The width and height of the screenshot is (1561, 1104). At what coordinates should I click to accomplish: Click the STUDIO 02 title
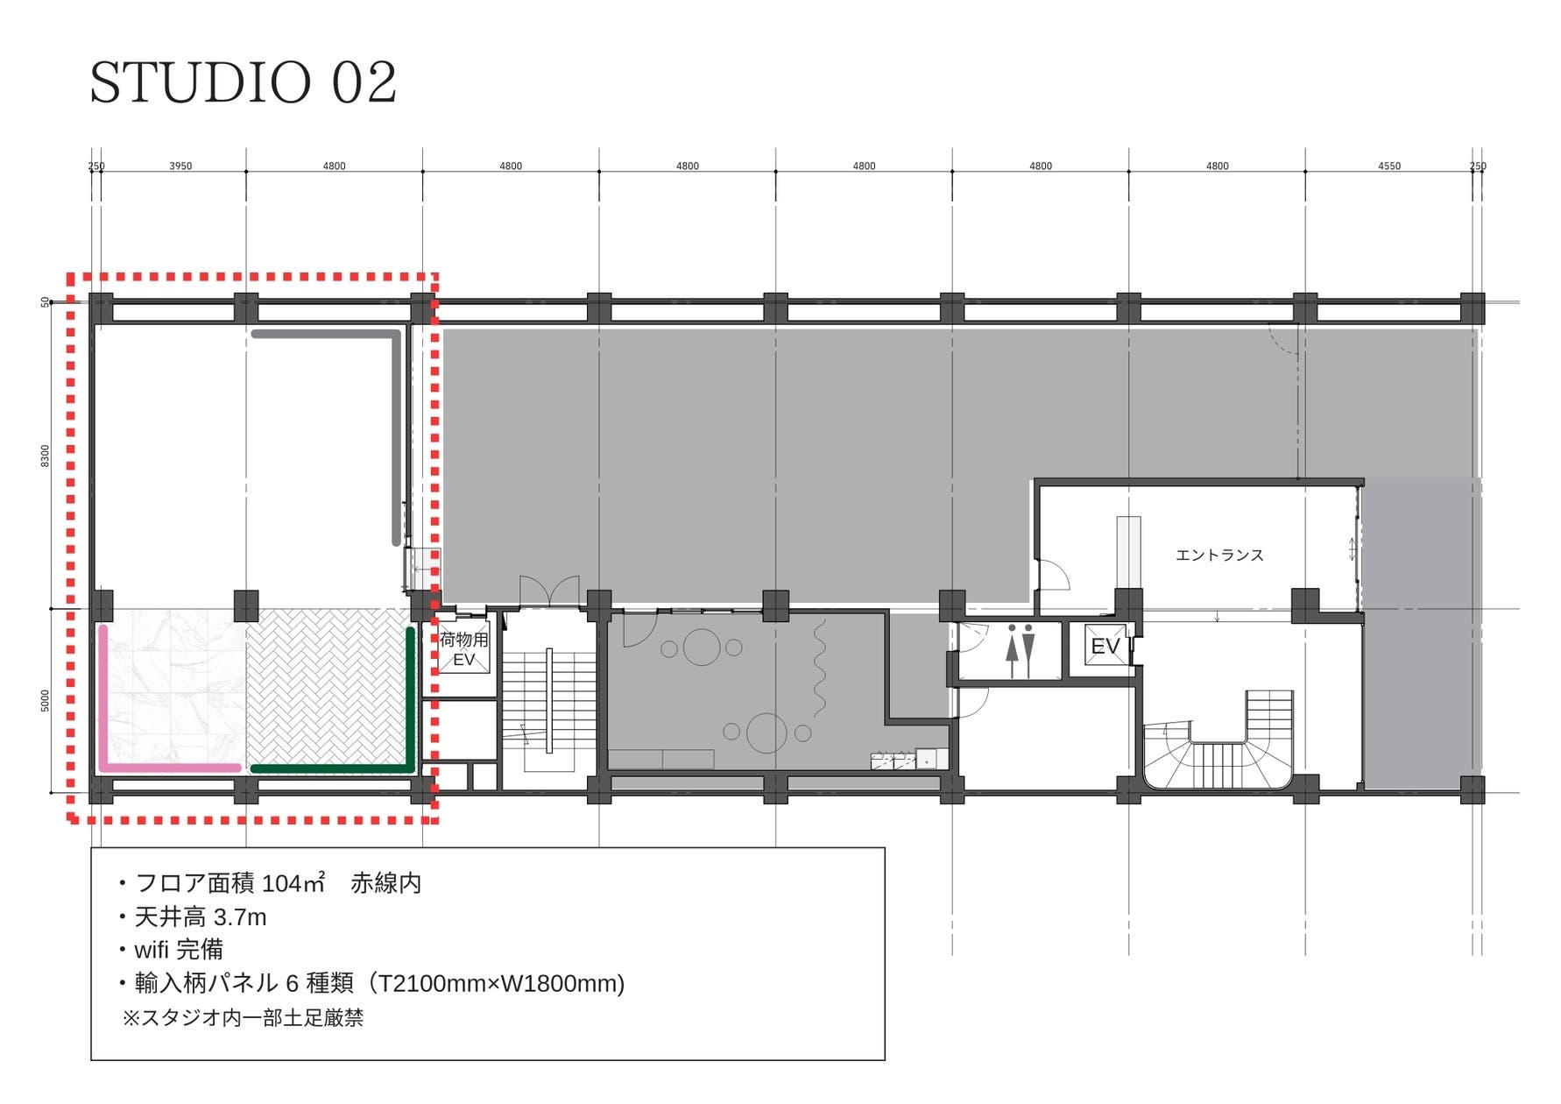tap(244, 82)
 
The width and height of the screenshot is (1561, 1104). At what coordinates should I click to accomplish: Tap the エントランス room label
tap(1219, 556)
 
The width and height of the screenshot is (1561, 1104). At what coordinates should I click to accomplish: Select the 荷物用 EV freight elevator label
tap(463, 649)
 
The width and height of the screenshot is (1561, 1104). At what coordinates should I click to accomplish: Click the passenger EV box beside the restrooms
tap(1105, 646)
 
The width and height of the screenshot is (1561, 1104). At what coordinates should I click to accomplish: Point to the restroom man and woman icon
tap(1021, 651)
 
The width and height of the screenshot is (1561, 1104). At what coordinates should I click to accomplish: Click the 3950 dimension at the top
tap(180, 166)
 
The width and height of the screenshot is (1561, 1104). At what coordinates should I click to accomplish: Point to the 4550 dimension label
tap(1389, 166)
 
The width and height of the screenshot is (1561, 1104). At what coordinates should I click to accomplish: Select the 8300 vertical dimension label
tap(46, 456)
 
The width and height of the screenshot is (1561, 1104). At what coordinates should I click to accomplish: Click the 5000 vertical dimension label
tap(46, 701)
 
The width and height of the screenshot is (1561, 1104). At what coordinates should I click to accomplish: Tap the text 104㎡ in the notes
tap(293, 883)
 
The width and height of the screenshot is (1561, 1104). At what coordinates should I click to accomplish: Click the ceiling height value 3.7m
tap(240, 917)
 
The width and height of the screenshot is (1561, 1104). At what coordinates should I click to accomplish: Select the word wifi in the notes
tap(152, 950)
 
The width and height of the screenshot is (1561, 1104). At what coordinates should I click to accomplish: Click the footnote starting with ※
tap(243, 1018)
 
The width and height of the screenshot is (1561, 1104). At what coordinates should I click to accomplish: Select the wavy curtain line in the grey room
tap(821, 669)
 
